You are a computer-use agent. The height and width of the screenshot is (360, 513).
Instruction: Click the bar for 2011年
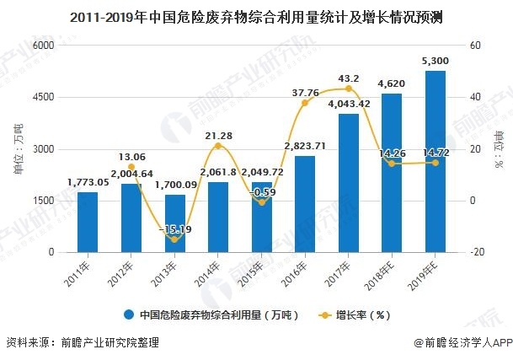tap(87, 222)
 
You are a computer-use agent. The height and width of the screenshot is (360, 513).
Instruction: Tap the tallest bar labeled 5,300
tap(436, 161)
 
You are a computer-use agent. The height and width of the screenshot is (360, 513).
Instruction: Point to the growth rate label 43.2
tap(350, 78)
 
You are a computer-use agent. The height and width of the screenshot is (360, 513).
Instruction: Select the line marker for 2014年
tap(218, 146)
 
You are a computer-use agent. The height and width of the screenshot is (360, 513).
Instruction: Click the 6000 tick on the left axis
tap(43, 46)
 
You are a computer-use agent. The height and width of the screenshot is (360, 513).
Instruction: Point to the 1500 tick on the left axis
tap(43, 201)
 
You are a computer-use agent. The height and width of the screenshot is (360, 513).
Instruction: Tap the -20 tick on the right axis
tap(475, 252)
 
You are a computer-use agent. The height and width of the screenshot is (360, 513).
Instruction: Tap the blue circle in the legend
tap(129, 315)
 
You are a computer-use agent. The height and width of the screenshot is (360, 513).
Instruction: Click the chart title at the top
tap(256, 16)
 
